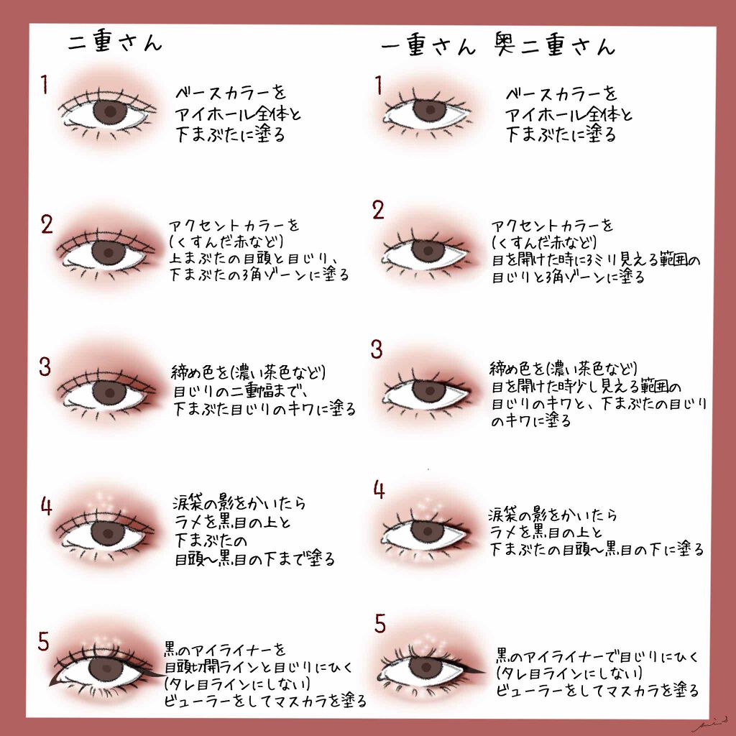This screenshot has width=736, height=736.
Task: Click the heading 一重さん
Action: click(428, 47)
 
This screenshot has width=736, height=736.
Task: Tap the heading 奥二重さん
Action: click(555, 46)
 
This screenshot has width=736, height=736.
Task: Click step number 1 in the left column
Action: click(45, 86)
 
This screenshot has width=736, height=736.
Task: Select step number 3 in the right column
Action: click(377, 350)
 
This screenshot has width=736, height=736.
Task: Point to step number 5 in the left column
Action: click(44, 642)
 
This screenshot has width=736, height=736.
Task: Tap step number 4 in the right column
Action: click(379, 490)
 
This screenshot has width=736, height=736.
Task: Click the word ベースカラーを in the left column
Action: click(231, 93)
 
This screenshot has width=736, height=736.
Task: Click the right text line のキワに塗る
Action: click(531, 422)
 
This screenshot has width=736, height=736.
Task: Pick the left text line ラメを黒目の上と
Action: click(230, 521)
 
